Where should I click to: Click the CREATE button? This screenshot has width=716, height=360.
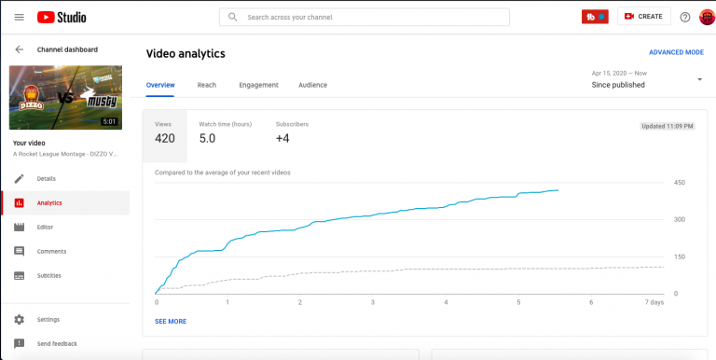(644, 17)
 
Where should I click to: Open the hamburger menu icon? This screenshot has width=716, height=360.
(19, 17)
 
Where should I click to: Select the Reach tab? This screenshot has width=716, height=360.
(207, 85)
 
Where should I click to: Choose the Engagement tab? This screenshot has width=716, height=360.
(258, 85)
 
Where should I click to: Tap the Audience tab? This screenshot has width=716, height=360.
(312, 85)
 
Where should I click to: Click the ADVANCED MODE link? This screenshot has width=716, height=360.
(676, 53)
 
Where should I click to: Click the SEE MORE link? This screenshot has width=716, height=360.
(171, 321)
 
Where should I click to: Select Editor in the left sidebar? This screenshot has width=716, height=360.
(45, 227)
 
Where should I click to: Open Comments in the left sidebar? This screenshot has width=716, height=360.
(50, 251)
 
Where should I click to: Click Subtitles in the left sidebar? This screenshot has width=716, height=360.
(49, 275)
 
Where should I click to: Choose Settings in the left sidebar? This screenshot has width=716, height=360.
(48, 319)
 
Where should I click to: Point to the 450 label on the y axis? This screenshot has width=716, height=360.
(680, 183)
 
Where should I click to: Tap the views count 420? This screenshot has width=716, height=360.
(165, 139)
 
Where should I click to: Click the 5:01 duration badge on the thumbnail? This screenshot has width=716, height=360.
(109, 121)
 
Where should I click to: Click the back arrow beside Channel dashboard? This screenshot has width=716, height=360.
(19, 49)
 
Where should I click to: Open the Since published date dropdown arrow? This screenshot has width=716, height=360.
(699, 79)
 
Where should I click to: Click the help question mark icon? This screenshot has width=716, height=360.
(685, 17)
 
